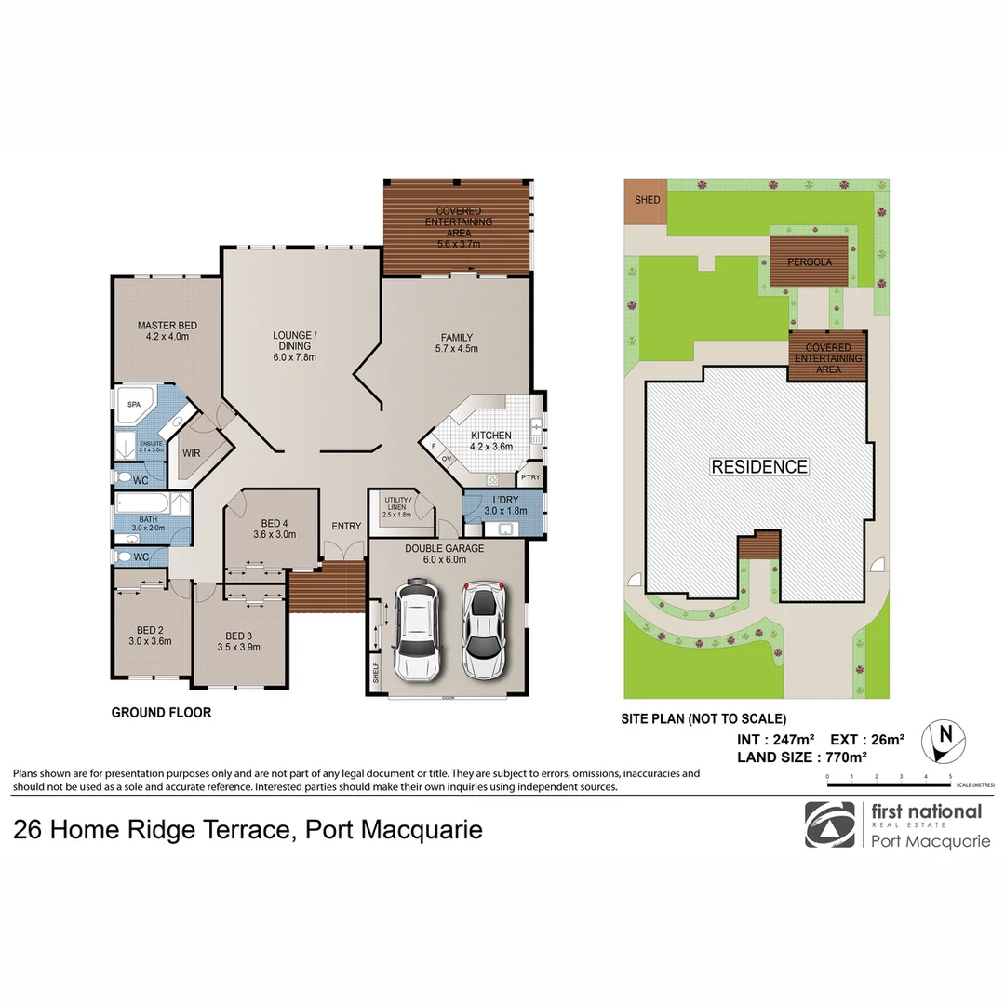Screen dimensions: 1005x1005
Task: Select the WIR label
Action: click(191, 453)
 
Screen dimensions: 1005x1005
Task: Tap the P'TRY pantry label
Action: click(530, 477)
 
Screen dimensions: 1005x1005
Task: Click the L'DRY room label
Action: click(505, 504)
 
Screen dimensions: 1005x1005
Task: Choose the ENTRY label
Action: click(346, 527)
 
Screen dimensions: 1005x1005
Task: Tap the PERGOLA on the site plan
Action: click(809, 261)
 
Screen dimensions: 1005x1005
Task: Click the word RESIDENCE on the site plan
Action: click(759, 466)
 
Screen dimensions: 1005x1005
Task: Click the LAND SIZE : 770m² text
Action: click(802, 757)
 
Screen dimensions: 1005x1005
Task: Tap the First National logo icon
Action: click(829, 824)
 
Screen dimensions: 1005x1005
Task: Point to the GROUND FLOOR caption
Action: click(161, 713)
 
